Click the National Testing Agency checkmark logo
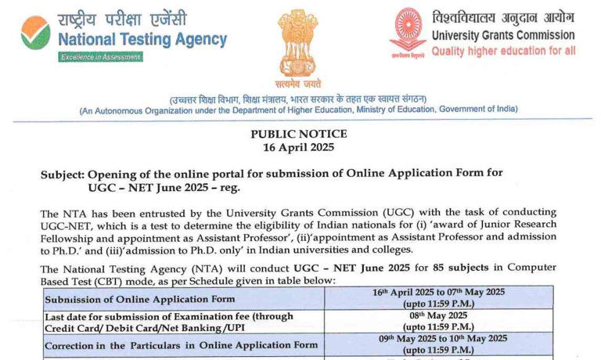coord(34,32)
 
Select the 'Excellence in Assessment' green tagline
coord(100,57)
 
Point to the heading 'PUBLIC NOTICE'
coord(298,134)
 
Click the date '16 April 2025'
coord(298,147)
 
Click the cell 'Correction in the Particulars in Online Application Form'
coord(181,345)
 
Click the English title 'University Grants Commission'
coord(503,35)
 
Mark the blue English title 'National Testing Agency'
coord(143,39)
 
